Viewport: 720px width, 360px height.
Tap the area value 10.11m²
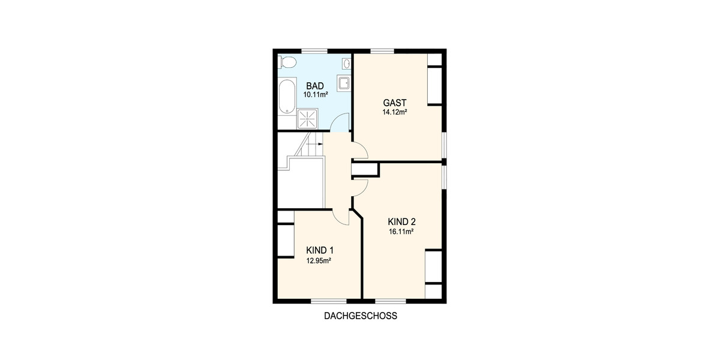(x=315, y=95)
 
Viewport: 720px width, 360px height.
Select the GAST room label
(x=395, y=103)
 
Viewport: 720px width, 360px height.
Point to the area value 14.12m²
(x=395, y=112)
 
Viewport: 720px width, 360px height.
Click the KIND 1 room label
(x=320, y=250)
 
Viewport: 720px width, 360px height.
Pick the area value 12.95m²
(x=319, y=260)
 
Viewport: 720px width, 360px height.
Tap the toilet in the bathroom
(x=287, y=62)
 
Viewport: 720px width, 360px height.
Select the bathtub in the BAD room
(x=287, y=96)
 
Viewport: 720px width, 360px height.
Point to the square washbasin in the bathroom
(x=344, y=83)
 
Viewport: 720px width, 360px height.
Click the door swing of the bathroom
(x=340, y=123)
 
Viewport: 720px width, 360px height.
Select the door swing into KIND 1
(x=341, y=217)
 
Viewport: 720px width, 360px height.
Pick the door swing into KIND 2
(x=359, y=188)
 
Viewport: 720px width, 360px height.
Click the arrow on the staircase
(x=316, y=144)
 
